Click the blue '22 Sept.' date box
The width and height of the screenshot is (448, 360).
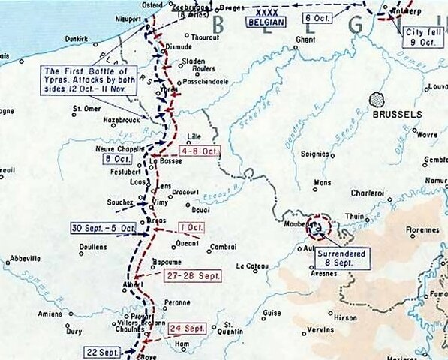pos(102,351)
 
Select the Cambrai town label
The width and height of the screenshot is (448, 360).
pos(222,245)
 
